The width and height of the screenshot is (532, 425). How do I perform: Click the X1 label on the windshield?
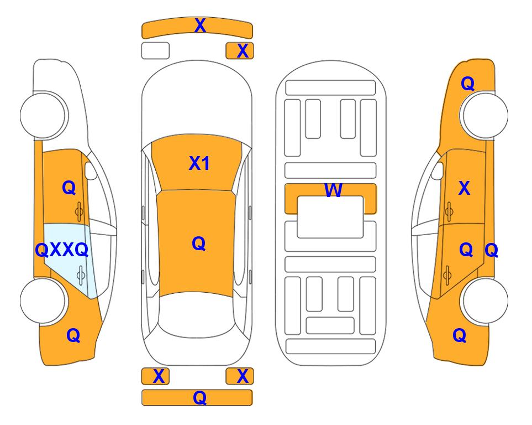click(199, 163)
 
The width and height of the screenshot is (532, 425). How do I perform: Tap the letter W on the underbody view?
click(333, 190)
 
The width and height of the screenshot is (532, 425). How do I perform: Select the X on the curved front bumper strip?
click(200, 25)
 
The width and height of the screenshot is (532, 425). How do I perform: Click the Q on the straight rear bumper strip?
click(199, 397)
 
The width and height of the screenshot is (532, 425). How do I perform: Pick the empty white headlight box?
click(155, 51)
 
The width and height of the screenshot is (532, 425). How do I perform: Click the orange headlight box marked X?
click(240, 51)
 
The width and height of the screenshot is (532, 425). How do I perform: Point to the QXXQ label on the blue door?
click(62, 250)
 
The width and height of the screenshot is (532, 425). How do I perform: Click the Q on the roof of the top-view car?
click(198, 243)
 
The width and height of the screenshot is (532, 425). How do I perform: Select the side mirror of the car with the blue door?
click(90, 170)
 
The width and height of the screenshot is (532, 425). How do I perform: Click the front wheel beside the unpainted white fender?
click(44, 115)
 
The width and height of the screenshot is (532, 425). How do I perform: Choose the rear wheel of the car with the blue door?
click(44, 300)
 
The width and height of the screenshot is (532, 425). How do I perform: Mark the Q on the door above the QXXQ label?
click(69, 188)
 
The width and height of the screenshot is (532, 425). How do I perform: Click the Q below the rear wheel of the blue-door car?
click(73, 335)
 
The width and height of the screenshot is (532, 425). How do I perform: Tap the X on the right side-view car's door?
click(464, 188)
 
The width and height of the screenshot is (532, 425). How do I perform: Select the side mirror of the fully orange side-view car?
click(438, 170)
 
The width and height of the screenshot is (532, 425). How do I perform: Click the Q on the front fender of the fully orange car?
click(467, 84)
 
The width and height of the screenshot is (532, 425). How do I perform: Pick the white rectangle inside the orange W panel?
click(330, 217)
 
